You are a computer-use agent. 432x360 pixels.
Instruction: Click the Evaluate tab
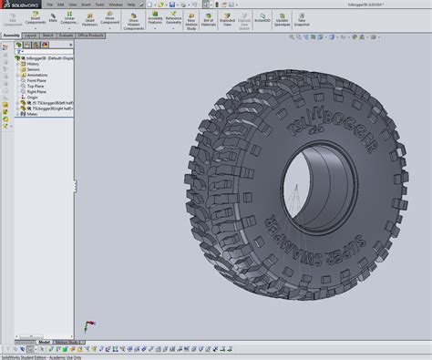(67, 35)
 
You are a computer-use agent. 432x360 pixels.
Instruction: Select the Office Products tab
(91, 35)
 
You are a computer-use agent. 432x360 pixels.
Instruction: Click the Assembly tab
(12, 35)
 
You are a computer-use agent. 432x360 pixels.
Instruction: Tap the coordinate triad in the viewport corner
(87, 325)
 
